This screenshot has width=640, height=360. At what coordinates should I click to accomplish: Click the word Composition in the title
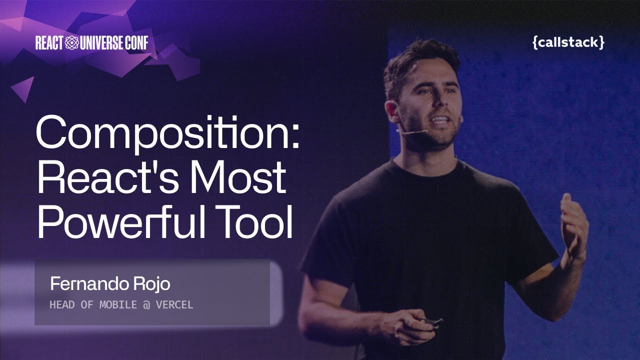coord(160,133)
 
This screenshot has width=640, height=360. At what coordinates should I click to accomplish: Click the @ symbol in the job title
coord(146,304)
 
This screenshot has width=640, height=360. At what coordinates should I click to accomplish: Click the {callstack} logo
coord(568,43)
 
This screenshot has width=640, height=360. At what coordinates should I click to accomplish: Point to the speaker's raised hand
coord(573,225)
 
